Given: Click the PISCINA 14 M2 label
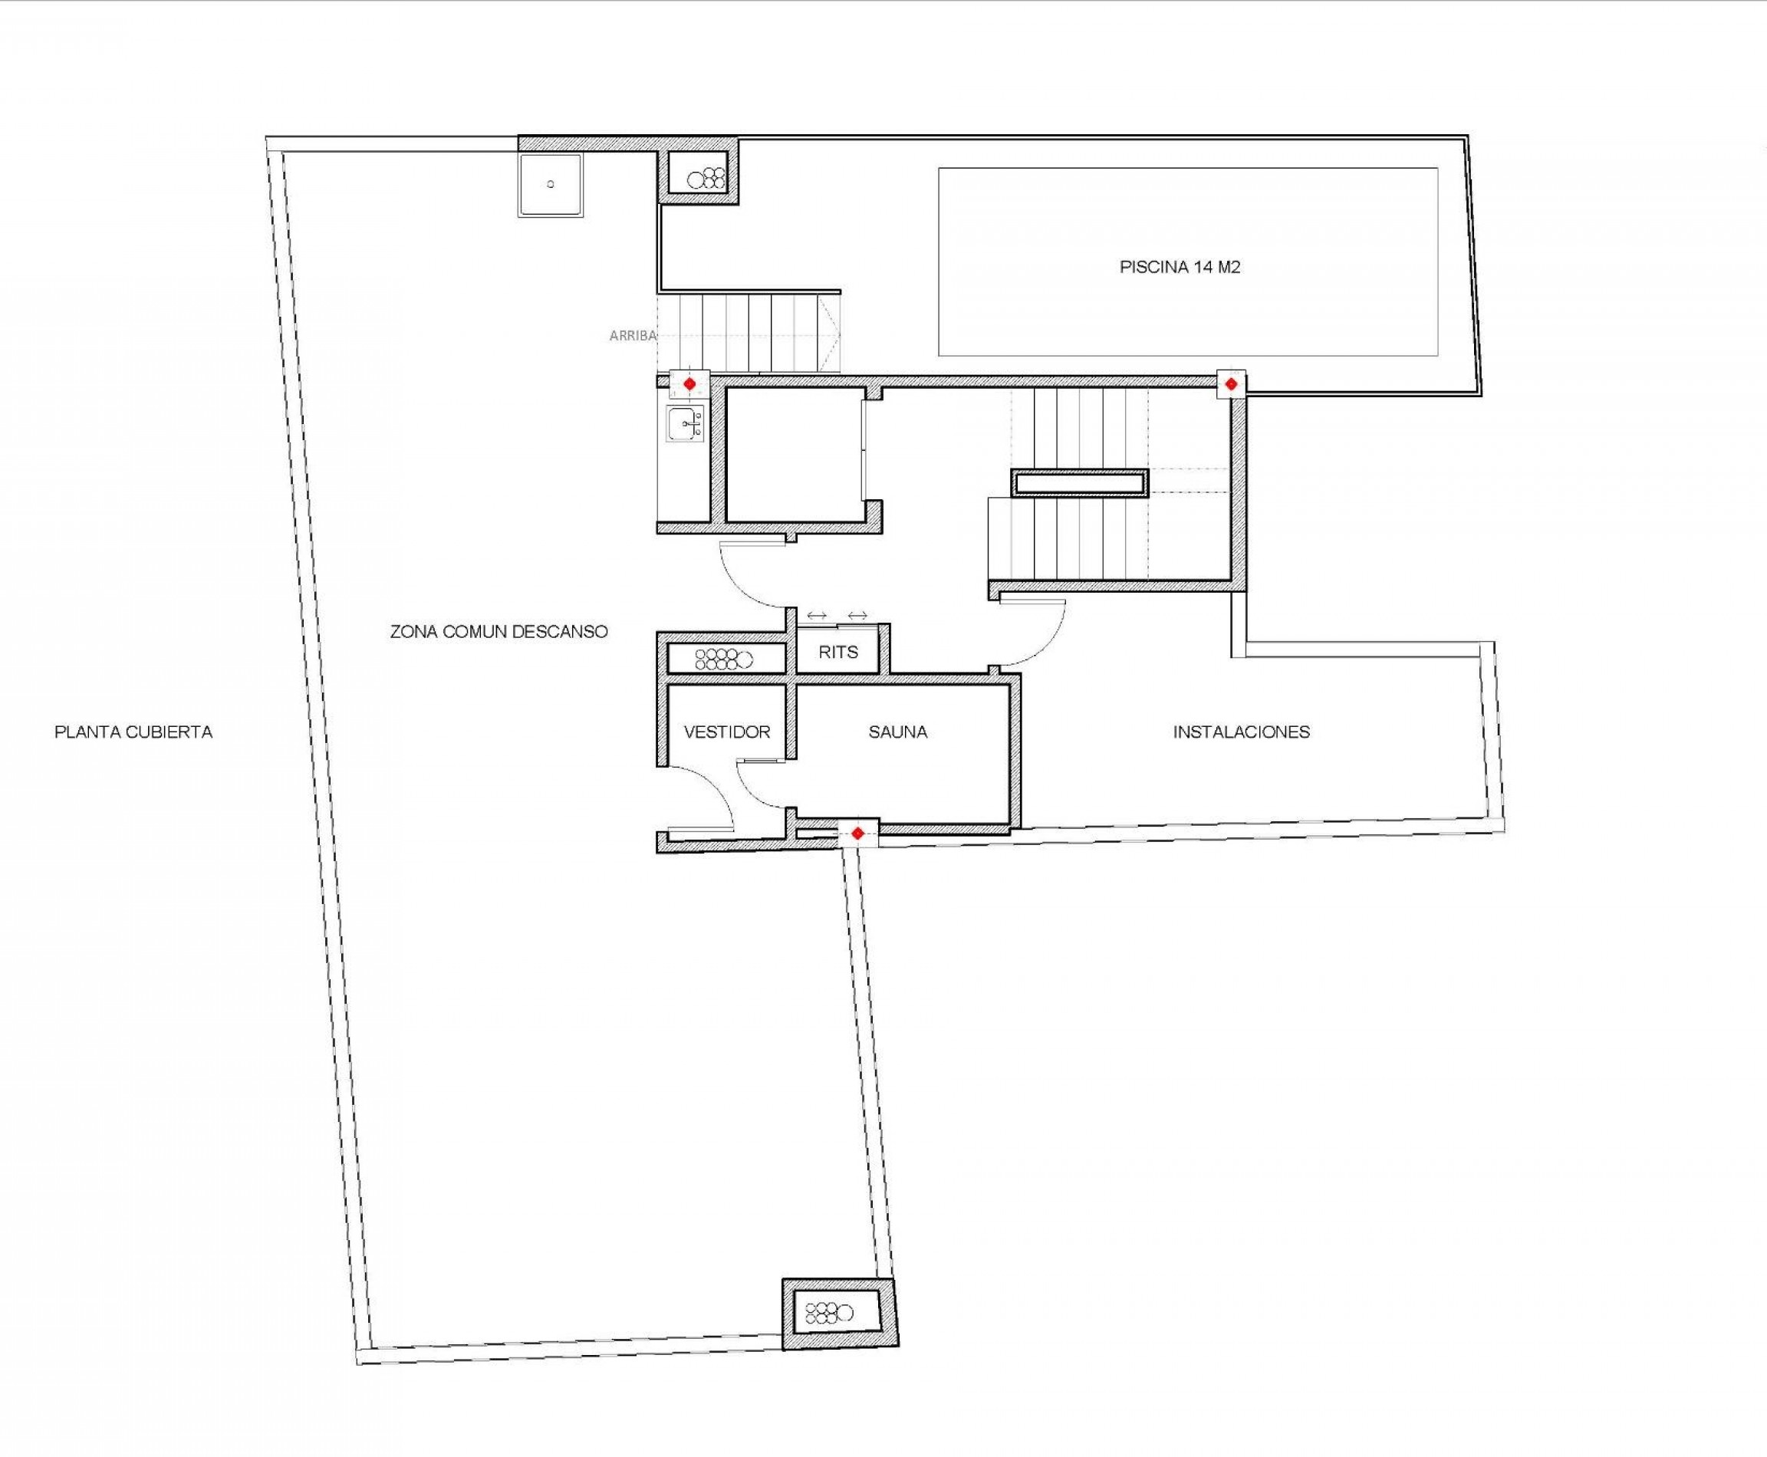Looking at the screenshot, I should [1180, 267].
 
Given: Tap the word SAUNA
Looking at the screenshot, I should [897, 732].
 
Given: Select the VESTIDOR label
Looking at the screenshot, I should [727, 732].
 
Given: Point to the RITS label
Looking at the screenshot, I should [837, 652].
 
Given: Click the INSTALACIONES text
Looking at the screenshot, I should [1241, 732].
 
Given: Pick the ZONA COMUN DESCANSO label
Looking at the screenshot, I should [499, 631].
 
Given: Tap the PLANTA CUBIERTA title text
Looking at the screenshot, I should [133, 732].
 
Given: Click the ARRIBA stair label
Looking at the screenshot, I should [633, 336].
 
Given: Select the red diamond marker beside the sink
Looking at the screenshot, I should [689, 384].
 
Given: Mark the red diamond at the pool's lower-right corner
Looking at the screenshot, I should [1231, 384].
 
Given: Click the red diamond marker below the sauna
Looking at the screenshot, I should [857, 834].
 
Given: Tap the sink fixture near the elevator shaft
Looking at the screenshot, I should [686, 423].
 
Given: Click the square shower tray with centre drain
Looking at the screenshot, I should [551, 184].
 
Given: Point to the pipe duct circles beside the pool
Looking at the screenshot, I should [706, 178].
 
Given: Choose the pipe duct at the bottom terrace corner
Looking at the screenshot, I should [829, 1313].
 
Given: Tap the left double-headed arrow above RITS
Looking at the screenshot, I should [817, 616].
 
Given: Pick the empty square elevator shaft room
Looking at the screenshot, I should [794, 455].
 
